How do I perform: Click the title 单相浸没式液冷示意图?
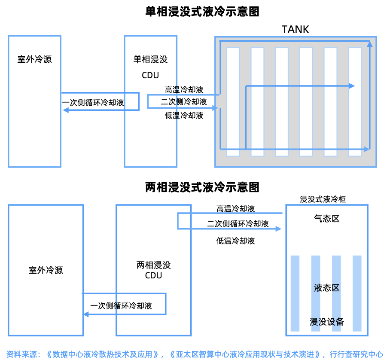pyautogui.click(x=202, y=12)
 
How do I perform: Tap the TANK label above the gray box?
pyautogui.click(x=295, y=29)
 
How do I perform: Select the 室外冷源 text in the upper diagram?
pyautogui.click(x=34, y=59)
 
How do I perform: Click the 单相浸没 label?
pyautogui.click(x=150, y=59)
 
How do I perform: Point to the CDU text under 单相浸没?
pyautogui.click(x=150, y=75)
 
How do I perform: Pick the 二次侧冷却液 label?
pyautogui.click(x=184, y=102)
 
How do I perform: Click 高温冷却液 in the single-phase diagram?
pyautogui.click(x=184, y=90)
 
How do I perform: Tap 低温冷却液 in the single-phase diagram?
pyautogui.click(x=184, y=116)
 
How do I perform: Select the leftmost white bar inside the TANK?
pyautogui.click(x=233, y=101)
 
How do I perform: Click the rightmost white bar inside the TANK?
pyautogui.click(x=355, y=101)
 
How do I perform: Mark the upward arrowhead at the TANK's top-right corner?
pyautogui.click(x=369, y=43)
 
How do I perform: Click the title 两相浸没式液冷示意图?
pyautogui.click(x=202, y=187)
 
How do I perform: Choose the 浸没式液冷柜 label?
pyautogui.click(x=323, y=199)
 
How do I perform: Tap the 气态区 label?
pyautogui.click(x=327, y=219)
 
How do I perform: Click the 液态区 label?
pyautogui.click(x=327, y=287)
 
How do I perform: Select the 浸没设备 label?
pyautogui.click(x=327, y=322)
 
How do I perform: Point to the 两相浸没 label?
pyautogui.click(x=153, y=265)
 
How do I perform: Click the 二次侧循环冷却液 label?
pyautogui.click(x=238, y=224)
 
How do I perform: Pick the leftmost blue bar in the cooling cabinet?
pyautogui.click(x=295, y=293)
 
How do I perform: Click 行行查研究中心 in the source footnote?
pyautogui.click(x=356, y=354)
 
